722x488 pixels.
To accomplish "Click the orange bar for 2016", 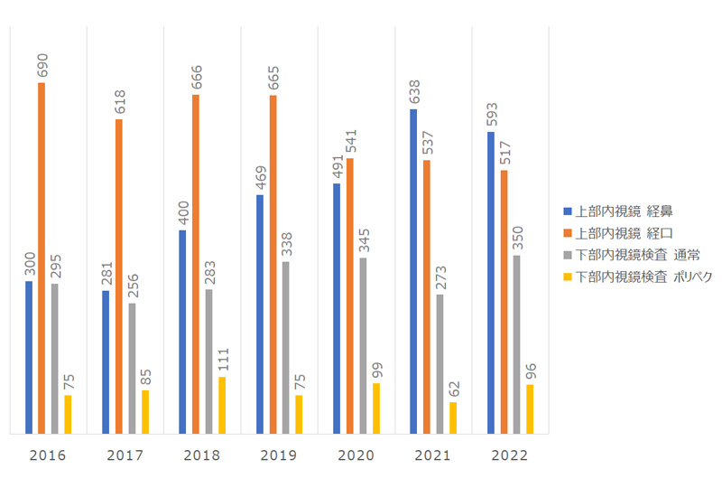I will point(42,258).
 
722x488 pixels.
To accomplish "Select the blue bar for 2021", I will point(413,271).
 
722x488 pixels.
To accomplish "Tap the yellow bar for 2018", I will point(222,405).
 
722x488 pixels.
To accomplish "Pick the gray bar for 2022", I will point(516,344).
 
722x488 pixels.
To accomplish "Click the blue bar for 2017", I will point(106,361).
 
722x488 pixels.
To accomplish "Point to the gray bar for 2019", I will point(285,347).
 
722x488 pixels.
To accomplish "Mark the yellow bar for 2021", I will point(453,418).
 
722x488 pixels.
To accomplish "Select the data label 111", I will point(223,359).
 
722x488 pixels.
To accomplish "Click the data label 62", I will point(454,389).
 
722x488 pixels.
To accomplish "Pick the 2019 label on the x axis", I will point(278,455).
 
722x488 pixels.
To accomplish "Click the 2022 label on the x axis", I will point(509,455).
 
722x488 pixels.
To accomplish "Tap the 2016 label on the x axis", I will point(47,455).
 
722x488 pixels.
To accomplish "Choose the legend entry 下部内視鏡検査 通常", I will point(632,255).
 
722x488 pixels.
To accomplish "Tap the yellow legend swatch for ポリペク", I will point(568,277).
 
